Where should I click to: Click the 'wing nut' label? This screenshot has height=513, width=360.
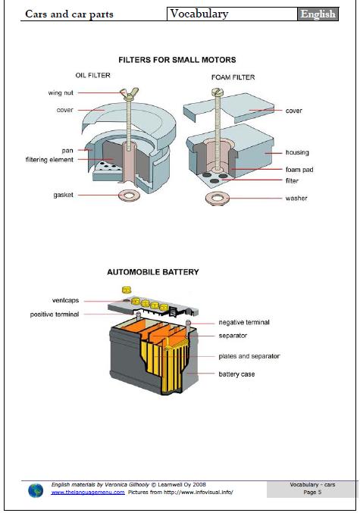click(x=61, y=93)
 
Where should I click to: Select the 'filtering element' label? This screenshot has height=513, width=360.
click(x=49, y=160)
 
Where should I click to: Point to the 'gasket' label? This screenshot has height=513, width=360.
click(x=63, y=195)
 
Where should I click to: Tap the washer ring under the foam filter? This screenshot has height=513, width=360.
click(x=217, y=199)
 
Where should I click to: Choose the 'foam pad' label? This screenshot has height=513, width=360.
click(x=299, y=170)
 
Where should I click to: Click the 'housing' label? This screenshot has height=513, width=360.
click(x=297, y=152)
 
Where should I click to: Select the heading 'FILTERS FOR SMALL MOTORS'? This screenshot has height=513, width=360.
click(x=177, y=59)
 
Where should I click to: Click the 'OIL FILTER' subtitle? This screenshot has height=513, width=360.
click(x=93, y=76)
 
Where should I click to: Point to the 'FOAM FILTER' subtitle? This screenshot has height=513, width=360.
click(x=233, y=77)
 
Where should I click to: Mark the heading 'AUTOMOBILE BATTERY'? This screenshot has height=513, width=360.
click(x=152, y=271)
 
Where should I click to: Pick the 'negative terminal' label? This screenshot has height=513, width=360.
click(x=243, y=322)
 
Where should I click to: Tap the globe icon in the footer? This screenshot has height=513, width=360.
click(x=36, y=490)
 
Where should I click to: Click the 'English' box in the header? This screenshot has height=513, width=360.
click(x=318, y=14)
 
